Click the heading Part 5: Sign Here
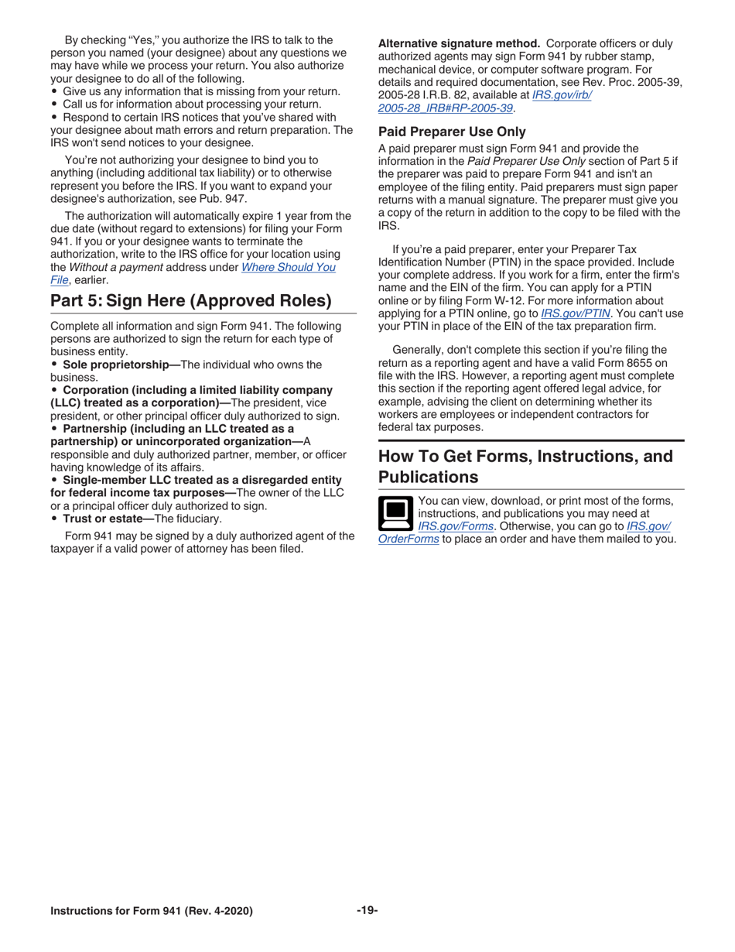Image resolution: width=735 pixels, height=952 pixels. (x=191, y=300)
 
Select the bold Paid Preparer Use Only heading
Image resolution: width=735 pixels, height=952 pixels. (x=452, y=132)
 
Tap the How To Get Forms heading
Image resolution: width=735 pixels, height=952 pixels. (x=525, y=466)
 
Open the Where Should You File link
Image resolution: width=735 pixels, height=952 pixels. (x=289, y=267)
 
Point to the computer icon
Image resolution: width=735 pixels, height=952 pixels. (x=395, y=512)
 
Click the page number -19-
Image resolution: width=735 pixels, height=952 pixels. (x=367, y=910)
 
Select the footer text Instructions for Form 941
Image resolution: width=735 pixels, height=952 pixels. (x=151, y=911)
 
